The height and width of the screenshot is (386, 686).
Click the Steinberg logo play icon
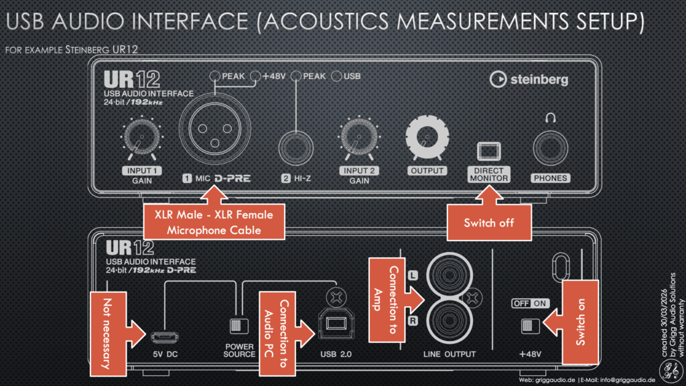coord(498,80)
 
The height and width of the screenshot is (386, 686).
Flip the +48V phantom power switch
coord(531,325)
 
